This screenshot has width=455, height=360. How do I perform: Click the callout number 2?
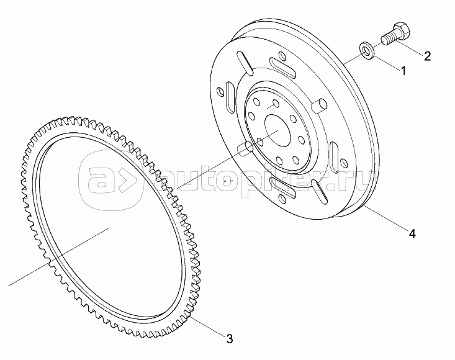coord(427,56)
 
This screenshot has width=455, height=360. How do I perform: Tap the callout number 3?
coord(229,338)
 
